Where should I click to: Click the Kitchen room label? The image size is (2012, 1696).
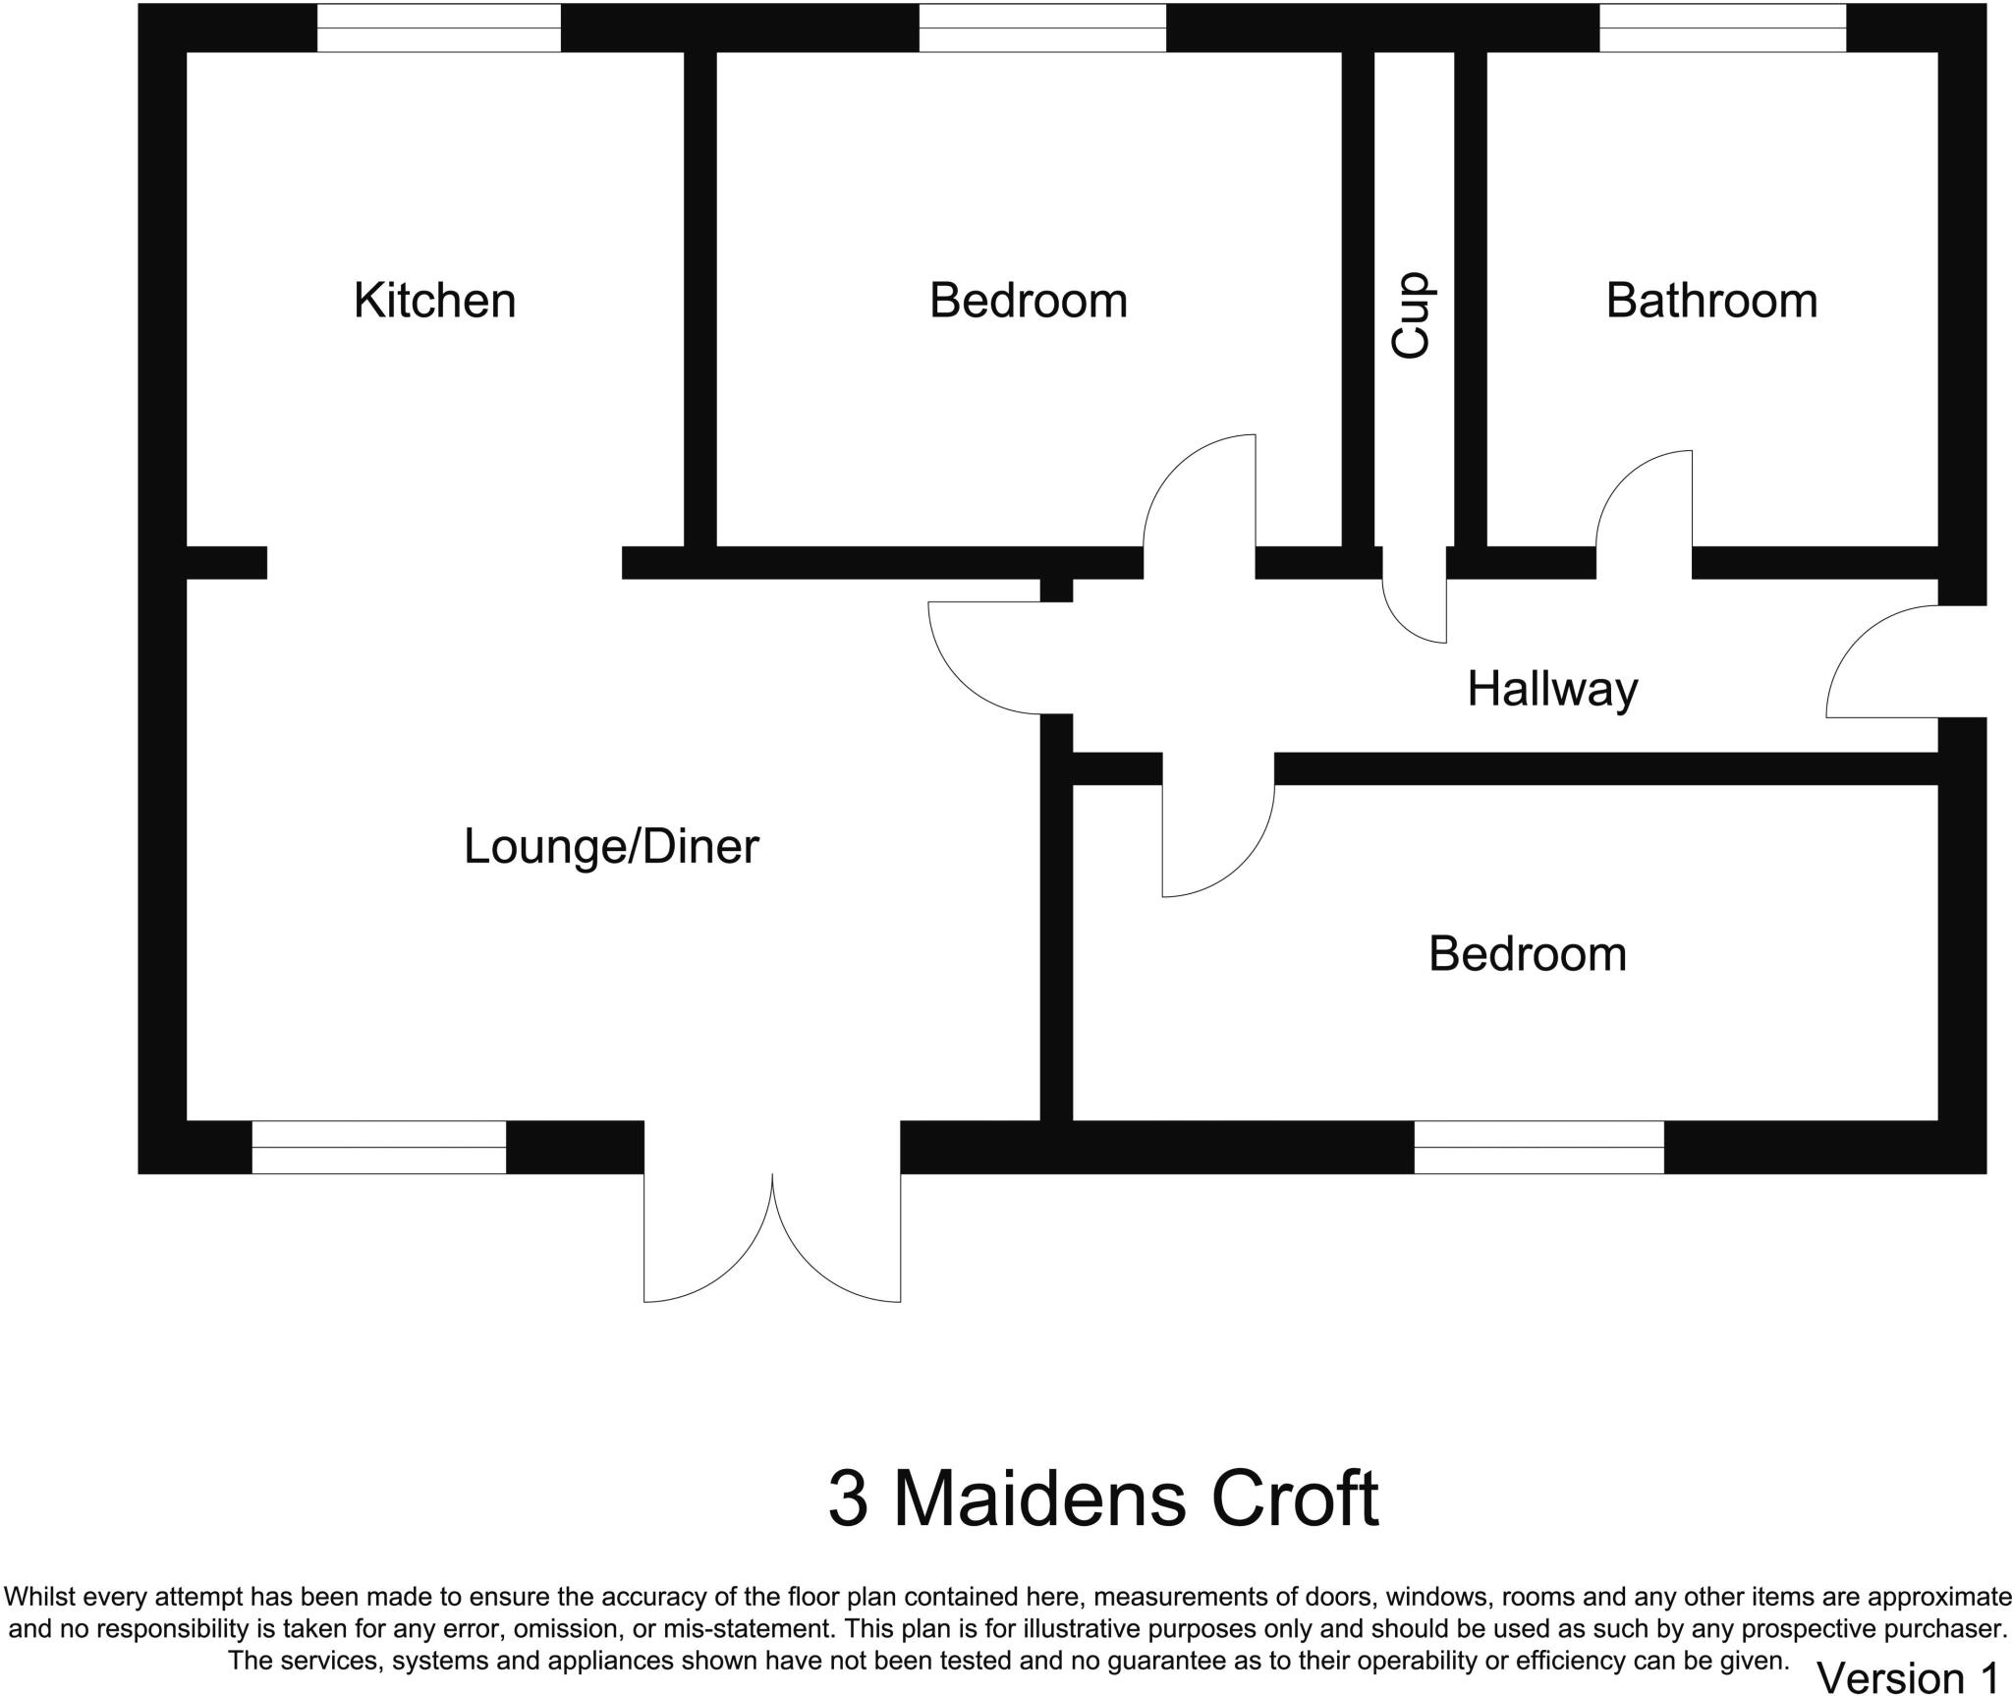(434, 301)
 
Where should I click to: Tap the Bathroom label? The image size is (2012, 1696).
(1710, 301)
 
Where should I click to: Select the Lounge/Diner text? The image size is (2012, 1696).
(611, 847)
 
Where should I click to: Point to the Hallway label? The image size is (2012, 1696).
(1552, 689)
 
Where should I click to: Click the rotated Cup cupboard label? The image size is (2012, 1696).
(1412, 314)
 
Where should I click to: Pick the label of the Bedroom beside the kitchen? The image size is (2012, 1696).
(1028, 301)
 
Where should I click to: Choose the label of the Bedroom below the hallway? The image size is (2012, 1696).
(1527, 954)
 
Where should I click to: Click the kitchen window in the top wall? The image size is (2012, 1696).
(438, 28)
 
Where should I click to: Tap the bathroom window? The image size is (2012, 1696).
(1722, 28)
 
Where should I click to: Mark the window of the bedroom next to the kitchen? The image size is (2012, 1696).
(1042, 28)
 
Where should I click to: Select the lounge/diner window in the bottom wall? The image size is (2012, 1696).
(379, 1147)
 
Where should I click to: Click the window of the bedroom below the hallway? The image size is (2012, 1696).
(1538, 1147)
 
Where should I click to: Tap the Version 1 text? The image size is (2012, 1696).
(1907, 1677)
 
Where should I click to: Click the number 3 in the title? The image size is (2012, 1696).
(848, 1499)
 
